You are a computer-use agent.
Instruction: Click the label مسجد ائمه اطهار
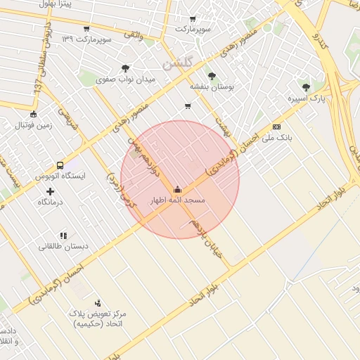[x=176, y=201]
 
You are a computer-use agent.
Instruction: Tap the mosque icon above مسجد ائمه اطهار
[x=176, y=189]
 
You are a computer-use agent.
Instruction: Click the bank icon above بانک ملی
[x=276, y=127]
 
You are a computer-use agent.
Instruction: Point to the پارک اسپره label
[x=307, y=99]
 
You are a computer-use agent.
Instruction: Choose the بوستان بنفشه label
[x=211, y=86]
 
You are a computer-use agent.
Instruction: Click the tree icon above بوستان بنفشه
[x=211, y=75]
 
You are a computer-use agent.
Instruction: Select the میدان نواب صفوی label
[x=125, y=80]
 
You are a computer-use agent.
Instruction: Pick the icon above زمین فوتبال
[x=34, y=114]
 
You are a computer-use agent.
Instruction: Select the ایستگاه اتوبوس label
[x=60, y=175]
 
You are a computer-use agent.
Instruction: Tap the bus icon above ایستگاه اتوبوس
[x=60, y=163]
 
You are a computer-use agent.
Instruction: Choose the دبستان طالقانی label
[x=63, y=247]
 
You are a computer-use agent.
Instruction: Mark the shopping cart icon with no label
[x=187, y=106]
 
